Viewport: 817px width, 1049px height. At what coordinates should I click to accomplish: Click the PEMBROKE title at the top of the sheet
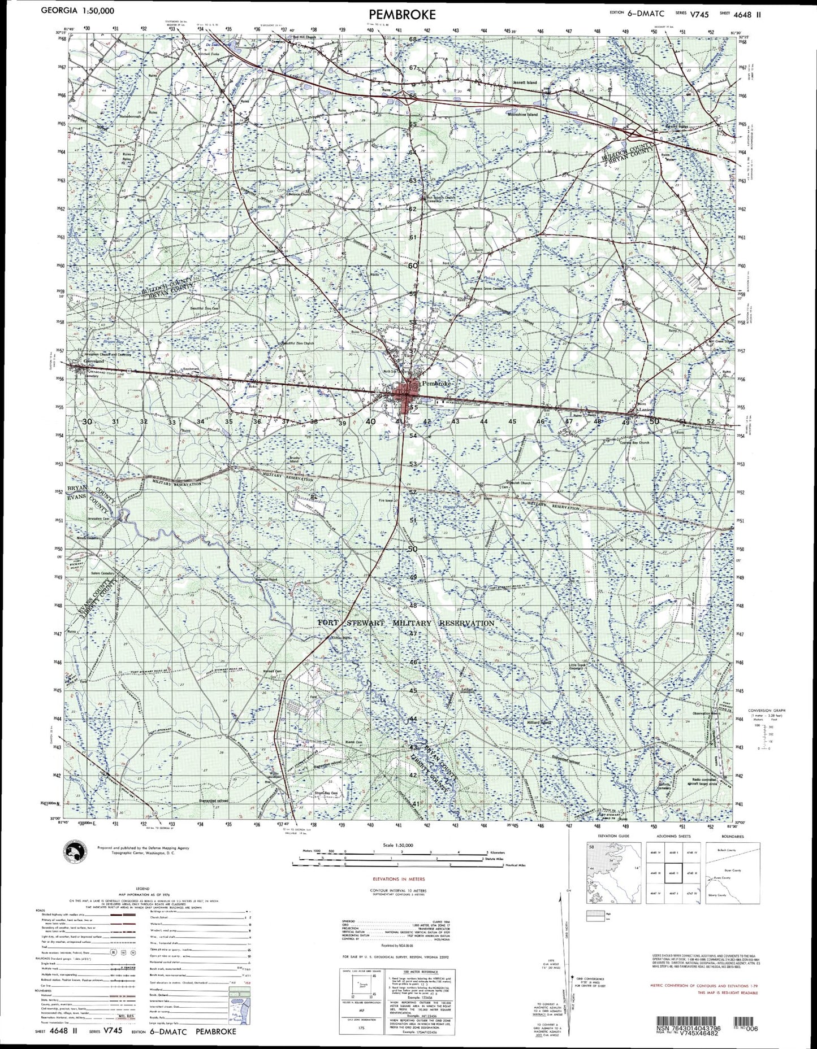coord(403,14)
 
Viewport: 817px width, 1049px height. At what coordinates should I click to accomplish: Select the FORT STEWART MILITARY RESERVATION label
coord(406,623)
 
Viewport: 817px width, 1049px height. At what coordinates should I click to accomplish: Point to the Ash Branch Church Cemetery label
coord(440,199)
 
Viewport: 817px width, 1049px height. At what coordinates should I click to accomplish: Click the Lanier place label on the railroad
coord(645,411)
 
